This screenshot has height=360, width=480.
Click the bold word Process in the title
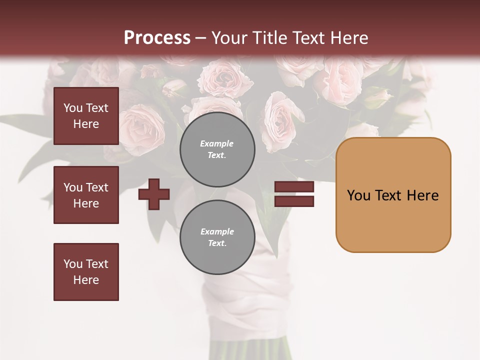pyautogui.click(x=157, y=37)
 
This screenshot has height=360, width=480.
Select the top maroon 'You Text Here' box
pyautogui.click(x=86, y=116)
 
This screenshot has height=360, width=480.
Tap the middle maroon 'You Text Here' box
pyautogui.click(x=86, y=195)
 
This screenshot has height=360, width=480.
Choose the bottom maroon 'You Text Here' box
pyautogui.click(x=86, y=272)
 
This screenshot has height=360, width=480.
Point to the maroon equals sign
pyautogui.click(x=294, y=194)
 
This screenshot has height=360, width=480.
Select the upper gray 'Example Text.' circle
pyautogui.click(x=217, y=149)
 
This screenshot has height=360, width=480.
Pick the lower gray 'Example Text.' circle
pyautogui.click(x=217, y=237)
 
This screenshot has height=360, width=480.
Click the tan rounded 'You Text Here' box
pyautogui.click(x=393, y=195)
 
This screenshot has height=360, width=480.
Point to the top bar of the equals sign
pyautogui.click(x=294, y=187)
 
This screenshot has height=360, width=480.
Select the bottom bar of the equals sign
pyautogui.click(x=294, y=201)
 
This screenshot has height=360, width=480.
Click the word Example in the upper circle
pyautogui.click(x=217, y=143)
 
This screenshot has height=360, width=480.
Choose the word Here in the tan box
pyautogui.click(x=422, y=195)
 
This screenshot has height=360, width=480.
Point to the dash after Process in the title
pyautogui.click(x=200, y=38)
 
